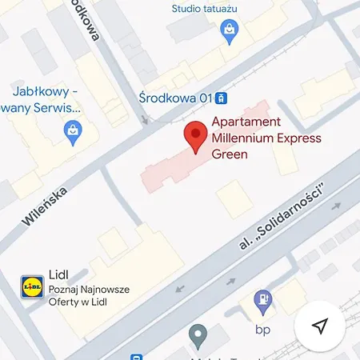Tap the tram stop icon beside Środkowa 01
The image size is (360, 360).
click(x=222, y=98)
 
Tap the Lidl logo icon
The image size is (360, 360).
click(x=32, y=286)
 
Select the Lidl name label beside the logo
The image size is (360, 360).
click(x=58, y=274)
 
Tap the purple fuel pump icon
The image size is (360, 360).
click(x=261, y=302)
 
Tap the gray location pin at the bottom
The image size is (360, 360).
click(x=197, y=334)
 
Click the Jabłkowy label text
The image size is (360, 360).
click(x=46, y=90)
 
